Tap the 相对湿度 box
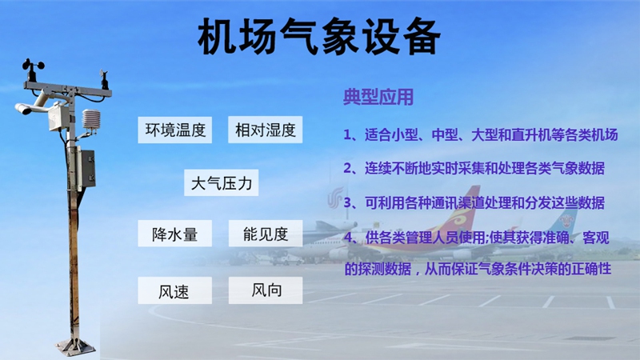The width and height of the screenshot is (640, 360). coord(266,130)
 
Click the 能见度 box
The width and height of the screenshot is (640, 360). coord(266,234)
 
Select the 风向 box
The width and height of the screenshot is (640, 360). coord(266,290)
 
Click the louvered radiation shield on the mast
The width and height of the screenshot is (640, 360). coord(90,122)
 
